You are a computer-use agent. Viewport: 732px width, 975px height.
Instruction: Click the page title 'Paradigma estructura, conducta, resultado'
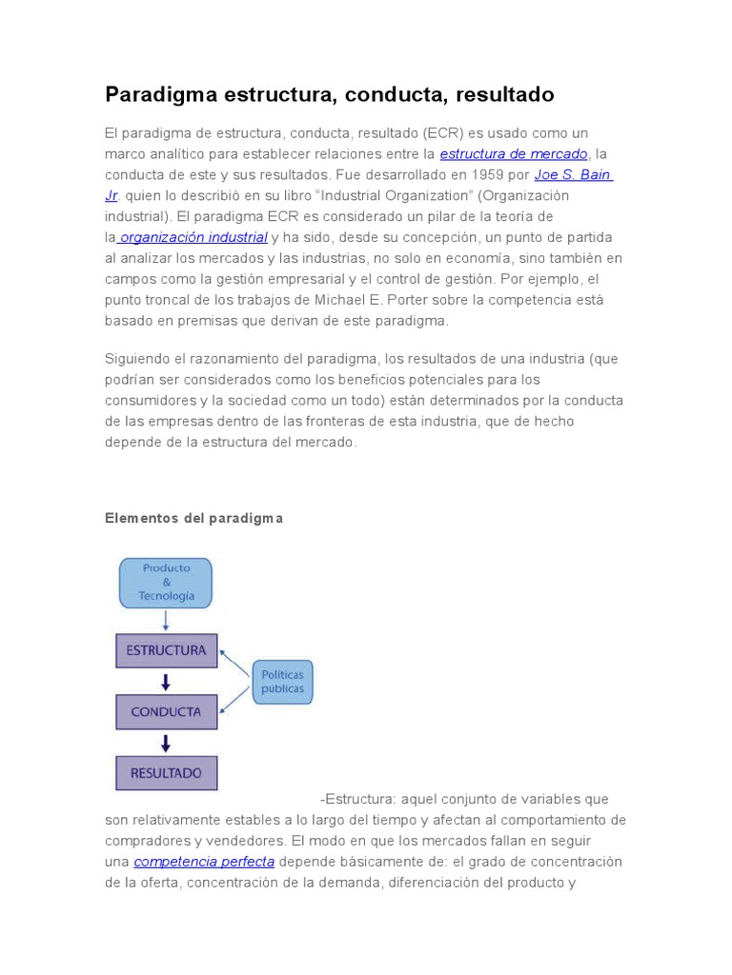(x=329, y=95)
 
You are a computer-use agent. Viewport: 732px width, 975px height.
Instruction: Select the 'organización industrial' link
(x=193, y=237)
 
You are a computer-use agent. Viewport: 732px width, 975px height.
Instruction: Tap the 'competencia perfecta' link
(x=204, y=862)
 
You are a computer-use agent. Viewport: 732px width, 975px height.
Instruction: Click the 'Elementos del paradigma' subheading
(x=193, y=518)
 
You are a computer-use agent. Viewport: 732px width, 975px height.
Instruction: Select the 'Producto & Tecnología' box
(x=166, y=583)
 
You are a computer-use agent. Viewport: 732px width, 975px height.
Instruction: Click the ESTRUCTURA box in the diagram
(x=167, y=651)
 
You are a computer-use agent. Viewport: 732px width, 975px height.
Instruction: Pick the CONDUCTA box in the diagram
(x=166, y=711)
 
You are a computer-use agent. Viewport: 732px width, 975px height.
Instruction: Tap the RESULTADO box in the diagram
(x=166, y=773)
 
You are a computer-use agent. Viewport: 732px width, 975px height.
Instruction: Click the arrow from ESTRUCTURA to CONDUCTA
(x=166, y=682)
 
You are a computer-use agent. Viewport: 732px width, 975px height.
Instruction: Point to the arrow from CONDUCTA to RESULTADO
(x=166, y=743)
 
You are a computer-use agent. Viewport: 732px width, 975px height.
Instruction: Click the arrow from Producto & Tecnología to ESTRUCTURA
(x=166, y=621)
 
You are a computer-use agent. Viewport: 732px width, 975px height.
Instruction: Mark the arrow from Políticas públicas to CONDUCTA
(x=235, y=700)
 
